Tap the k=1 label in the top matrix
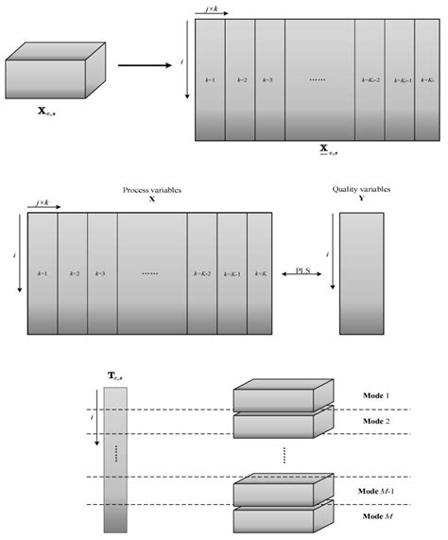pyautogui.click(x=210, y=80)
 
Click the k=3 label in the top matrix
pyautogui.click(x=268, y=80)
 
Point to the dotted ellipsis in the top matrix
pyautogui.click(x=319, y=80)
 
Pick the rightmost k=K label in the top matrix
pyautogui.click(x=426, y=80)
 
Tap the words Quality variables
pyautogui.click(x=361, y=190)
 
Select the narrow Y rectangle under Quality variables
pyautogui.click(x=361, y=274)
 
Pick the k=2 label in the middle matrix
pyautogui.click(x=73, y=273)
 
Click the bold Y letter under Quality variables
pyautogui.click(x=361, y=200)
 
